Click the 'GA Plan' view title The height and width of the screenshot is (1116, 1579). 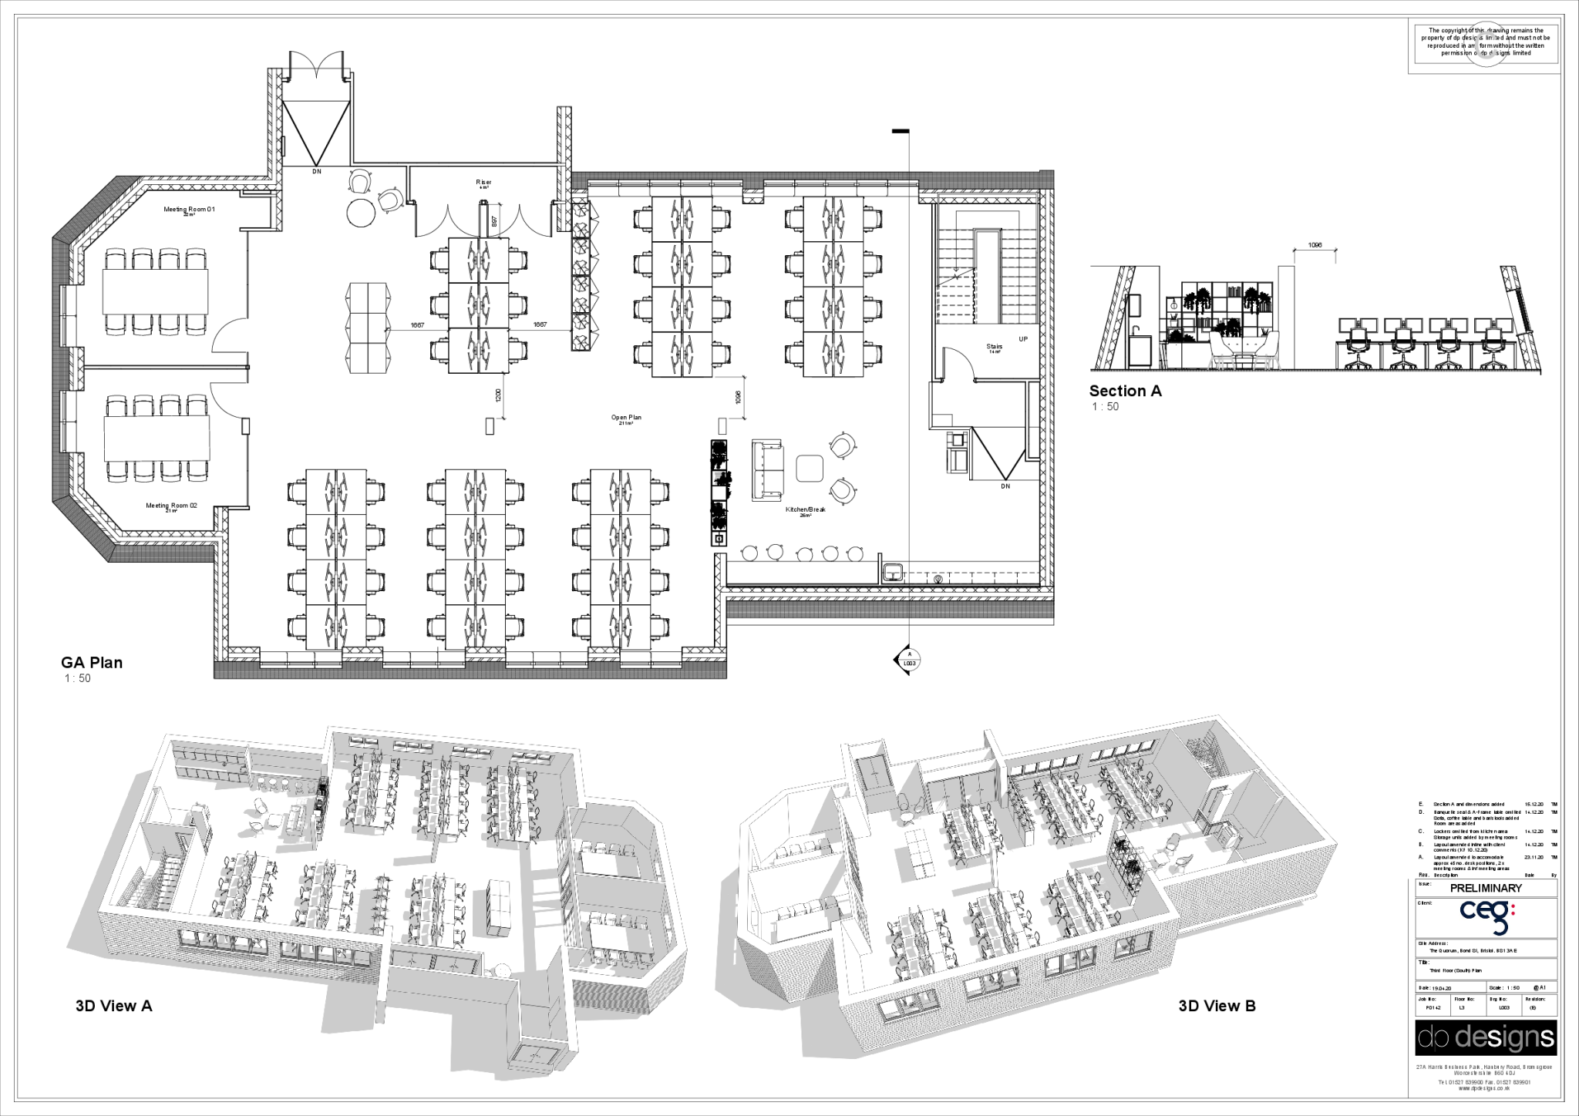point(92,662)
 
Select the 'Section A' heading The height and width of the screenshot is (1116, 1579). point(1125,391)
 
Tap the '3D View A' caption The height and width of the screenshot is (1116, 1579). point(114,1006)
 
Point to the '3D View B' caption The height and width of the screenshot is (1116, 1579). point(1217,1006)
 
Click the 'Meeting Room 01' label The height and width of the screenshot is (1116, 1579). point(189,210)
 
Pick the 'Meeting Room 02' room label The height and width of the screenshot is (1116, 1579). point(172,506)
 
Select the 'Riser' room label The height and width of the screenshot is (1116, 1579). point(483,183)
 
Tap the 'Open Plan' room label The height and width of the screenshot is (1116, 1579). point(626,418)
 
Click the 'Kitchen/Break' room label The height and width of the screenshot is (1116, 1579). point(806,509)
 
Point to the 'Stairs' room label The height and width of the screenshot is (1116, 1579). point(995,347)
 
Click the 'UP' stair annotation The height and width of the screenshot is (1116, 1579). point(1023,339)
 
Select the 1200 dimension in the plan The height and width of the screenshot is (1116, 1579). point(498,395)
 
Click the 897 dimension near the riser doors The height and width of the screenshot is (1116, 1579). point(494,221)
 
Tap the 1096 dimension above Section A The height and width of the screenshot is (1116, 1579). point(1315,245)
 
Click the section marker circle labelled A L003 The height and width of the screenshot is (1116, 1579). point(909,661)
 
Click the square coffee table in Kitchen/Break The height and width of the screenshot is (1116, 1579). point(810,467)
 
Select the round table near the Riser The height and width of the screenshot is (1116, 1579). point(359,212)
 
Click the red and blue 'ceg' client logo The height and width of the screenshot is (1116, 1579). point(1487,918)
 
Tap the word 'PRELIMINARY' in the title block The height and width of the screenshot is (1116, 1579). point(1486,888)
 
